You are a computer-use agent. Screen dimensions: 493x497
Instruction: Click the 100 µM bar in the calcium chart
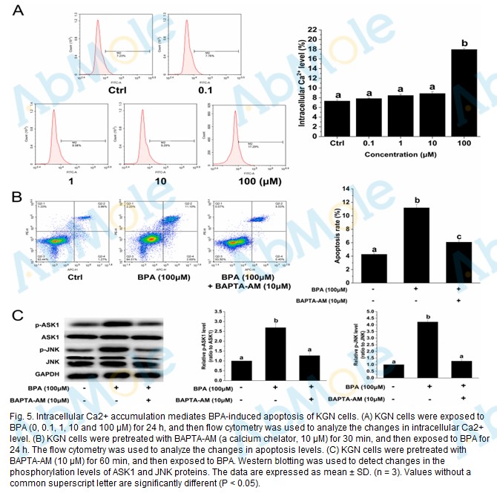464,91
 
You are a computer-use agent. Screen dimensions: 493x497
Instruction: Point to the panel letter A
18,11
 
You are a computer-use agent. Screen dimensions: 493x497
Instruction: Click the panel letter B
18,197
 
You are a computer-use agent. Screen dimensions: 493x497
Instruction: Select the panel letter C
21,314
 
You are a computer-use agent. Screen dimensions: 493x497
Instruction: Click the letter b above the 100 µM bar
464,43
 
